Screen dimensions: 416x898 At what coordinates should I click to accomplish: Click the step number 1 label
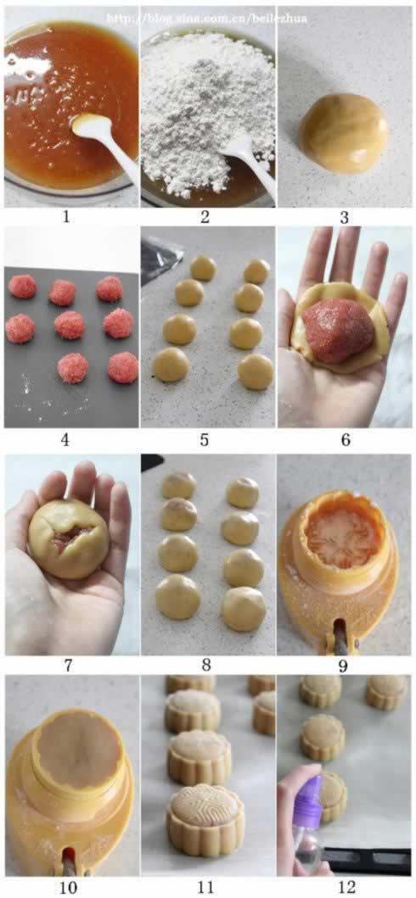click(66, 217)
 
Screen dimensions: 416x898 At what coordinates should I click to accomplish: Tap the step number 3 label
click(344, 217)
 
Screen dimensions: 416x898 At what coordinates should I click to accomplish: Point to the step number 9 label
click(344, 666)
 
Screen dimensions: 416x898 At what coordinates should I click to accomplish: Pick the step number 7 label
click(66, 666)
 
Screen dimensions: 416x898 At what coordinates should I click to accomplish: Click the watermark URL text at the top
click(207, 19)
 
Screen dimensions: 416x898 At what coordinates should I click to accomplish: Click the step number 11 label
click(205, 888)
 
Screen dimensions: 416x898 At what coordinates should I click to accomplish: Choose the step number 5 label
click(205, 440)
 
